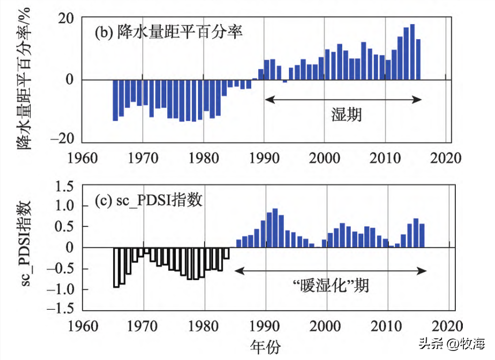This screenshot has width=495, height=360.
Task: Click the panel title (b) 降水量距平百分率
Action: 169,33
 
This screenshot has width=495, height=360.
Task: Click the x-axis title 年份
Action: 265,346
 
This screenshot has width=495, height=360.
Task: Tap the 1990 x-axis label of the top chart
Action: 264,158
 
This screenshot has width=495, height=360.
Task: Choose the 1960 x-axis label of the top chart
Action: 83,158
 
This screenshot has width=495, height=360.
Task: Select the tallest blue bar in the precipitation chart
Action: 412,52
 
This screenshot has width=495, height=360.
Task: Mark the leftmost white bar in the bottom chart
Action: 116,267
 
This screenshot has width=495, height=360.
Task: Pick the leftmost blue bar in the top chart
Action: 115,100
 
